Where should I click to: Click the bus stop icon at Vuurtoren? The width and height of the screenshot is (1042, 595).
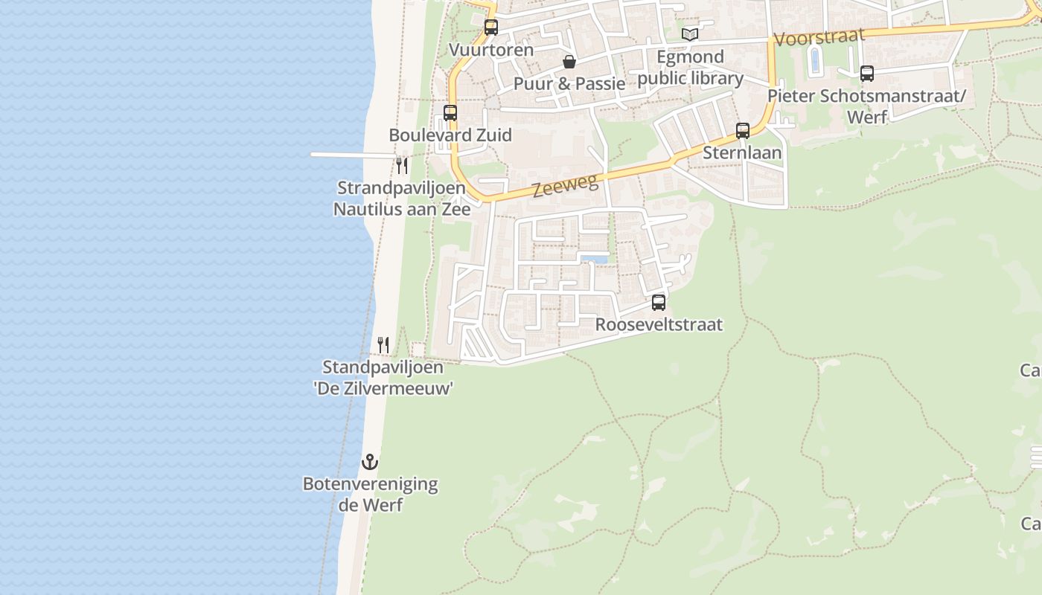coord(491,28)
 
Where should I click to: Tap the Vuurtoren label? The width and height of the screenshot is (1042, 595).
coord(491,50)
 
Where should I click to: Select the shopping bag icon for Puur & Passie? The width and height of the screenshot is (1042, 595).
coord(569,61)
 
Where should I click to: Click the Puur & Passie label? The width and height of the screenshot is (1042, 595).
coord(569,83)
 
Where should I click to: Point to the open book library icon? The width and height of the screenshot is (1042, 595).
coord(691,34)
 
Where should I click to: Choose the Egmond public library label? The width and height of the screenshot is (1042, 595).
coord(691,68)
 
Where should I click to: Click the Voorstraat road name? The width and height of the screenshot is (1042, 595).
coord(819,36)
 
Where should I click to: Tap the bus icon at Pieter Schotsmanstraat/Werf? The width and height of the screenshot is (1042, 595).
coord(867,73)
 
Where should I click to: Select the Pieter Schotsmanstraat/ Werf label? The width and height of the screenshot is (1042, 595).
coord(867,106)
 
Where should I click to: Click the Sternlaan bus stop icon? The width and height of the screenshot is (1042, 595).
coord(743,131)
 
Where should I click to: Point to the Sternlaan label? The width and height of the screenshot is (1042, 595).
coord(743,153)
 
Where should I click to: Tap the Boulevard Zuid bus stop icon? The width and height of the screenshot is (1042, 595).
coord(450,113)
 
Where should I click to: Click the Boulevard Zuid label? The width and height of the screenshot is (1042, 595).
coord(450,135)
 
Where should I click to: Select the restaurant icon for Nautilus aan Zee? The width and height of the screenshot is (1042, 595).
coord(402,164)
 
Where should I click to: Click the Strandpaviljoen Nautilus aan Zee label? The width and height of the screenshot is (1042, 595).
coord(402,199)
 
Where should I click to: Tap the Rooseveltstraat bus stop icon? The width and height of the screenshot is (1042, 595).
coord(659,303)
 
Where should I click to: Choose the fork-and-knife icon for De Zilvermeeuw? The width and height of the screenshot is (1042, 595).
coord(383,344)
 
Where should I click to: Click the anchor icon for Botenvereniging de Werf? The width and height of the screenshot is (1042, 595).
coord(370,462)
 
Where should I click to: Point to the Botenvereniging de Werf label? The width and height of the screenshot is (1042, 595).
coord(370,495)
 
